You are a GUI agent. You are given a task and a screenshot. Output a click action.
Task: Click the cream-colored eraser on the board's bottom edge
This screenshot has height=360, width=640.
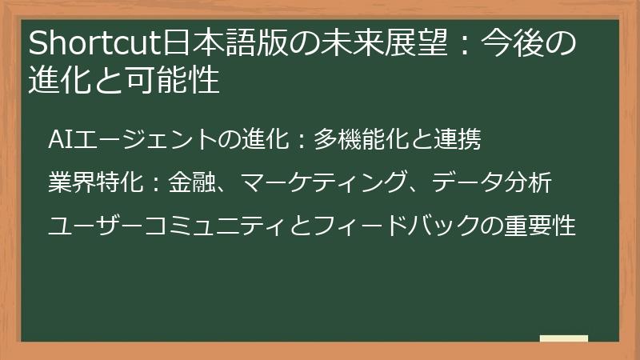point(564,338)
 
